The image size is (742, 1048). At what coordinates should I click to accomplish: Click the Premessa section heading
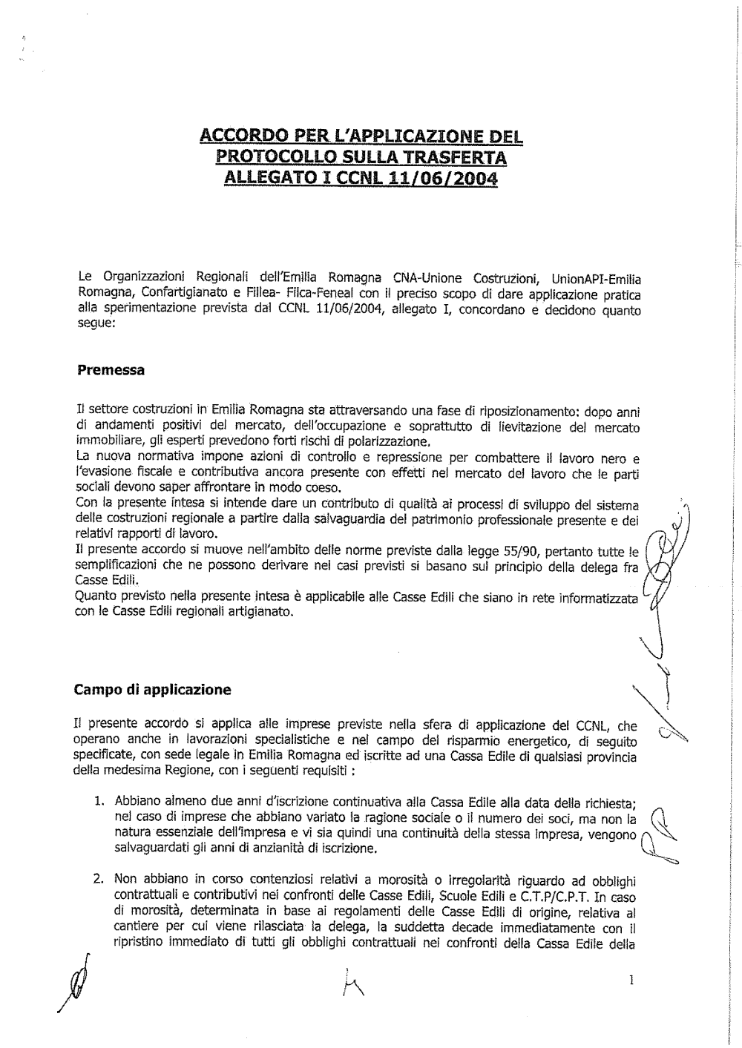(111, 370)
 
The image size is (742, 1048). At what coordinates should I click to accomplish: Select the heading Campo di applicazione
(153, 690)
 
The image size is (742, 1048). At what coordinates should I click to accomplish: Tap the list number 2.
(97, 880)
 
